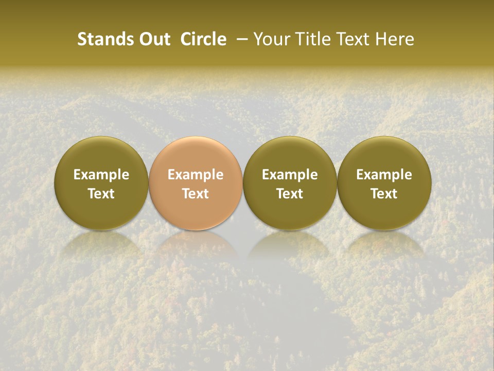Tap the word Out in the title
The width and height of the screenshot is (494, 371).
pos(154,39)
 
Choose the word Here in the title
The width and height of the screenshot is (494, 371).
pos(394,39)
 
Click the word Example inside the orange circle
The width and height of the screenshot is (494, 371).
pos(196,175)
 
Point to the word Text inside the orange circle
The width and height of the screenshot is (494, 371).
pos(196,194)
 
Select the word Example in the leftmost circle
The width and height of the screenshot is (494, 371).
pos(101,175)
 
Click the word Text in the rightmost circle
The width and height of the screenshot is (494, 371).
pos(384,194)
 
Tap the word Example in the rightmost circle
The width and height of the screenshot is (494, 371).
pos(384,175)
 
